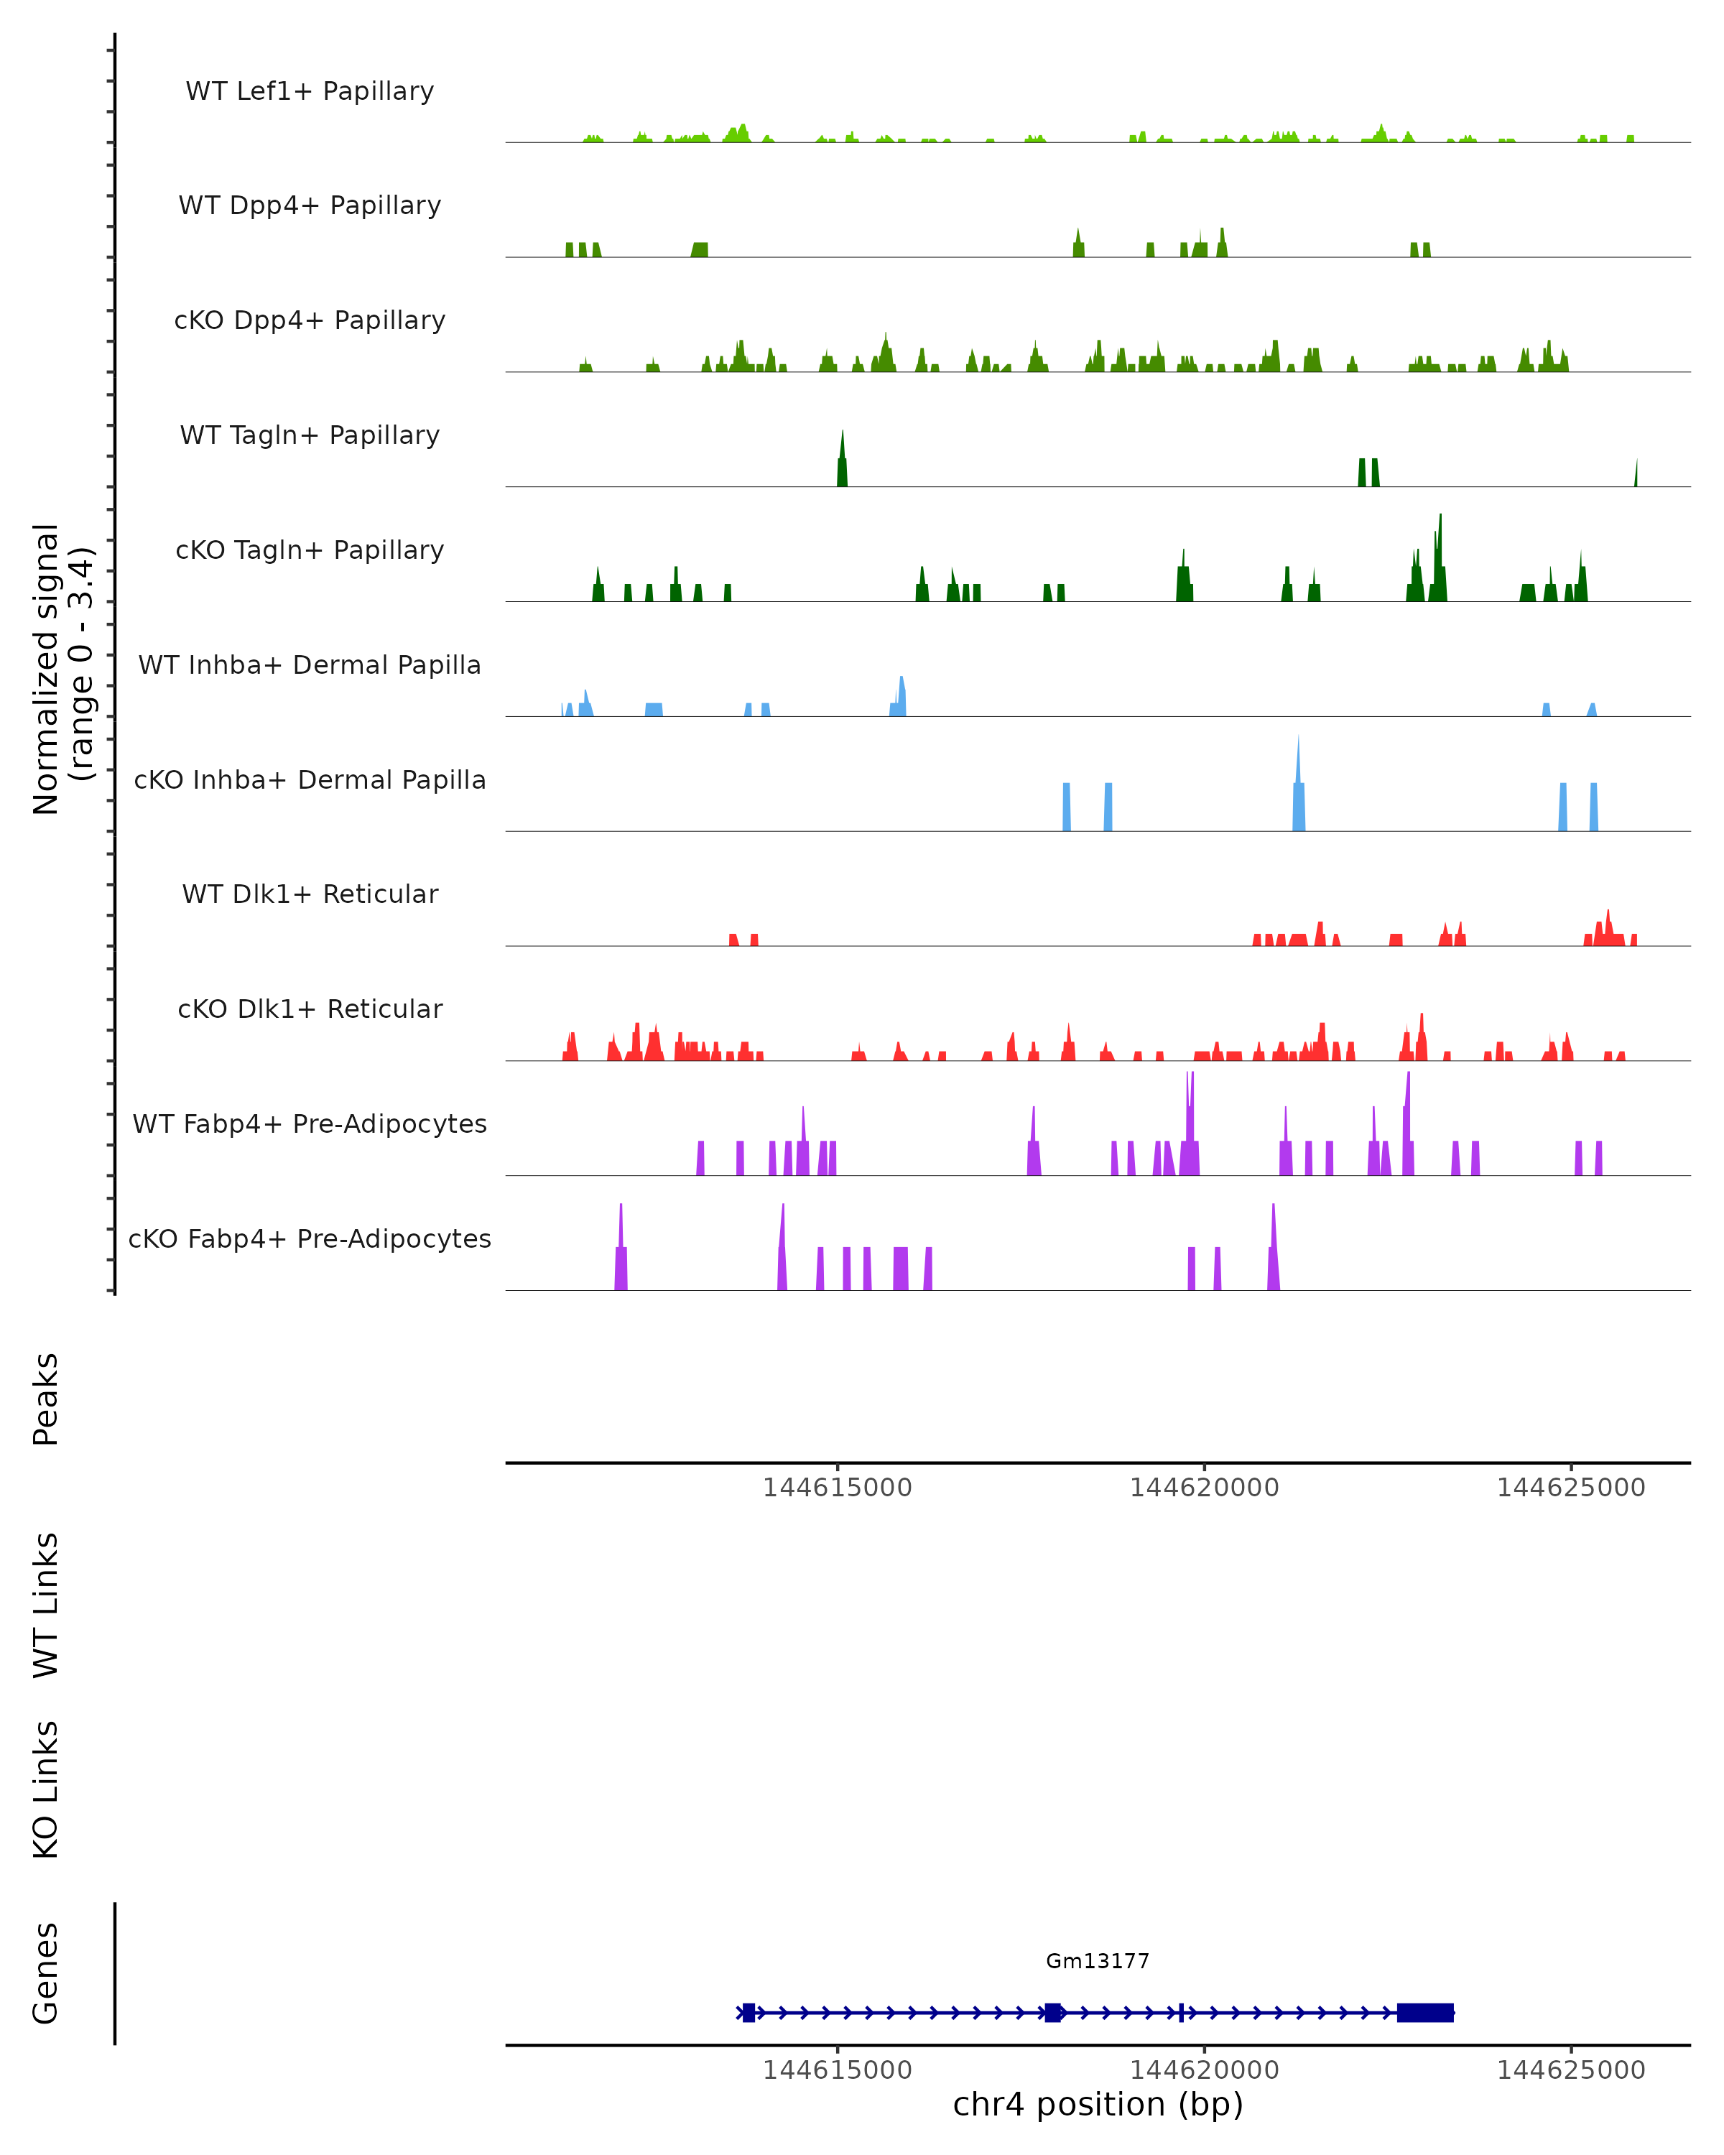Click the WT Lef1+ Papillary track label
(310, 91)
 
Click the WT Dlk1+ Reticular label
(310, 894)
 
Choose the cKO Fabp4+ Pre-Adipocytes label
(310, 1238)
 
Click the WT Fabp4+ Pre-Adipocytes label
(310, 1123)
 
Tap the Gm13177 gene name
(1098, 1961)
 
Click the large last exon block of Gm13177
(1424, 2012)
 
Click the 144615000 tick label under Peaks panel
(837, 1488)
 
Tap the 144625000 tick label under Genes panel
(1570, 2070)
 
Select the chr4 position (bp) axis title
(1098, 2105)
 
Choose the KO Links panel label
(46, 1789)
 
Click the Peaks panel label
(46, 1399)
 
